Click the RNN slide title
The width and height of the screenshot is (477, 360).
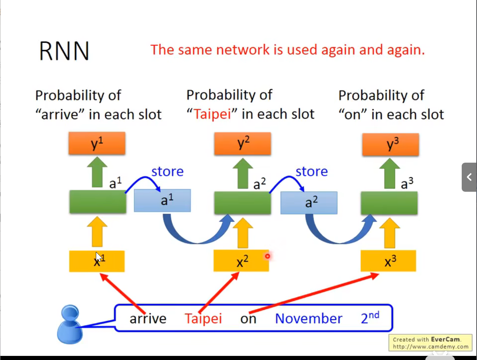coord(64,51)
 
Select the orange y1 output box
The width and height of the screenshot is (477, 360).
coord(97,143)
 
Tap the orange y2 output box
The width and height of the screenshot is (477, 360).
coord(242,144)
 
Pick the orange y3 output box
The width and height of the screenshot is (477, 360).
coord(390,144)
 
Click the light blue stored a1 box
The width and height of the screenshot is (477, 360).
coord(162,201)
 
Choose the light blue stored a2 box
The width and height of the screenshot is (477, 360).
coord(309,203)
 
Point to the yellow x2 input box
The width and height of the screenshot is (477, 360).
coord(241,261)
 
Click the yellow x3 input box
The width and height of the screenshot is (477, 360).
coord(388,261)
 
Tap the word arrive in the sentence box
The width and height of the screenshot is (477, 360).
coord(148,319)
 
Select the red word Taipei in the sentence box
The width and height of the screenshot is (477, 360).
coord(203,319)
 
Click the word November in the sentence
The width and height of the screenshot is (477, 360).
coord(308,319)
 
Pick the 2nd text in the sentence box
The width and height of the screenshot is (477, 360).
coord(370,318)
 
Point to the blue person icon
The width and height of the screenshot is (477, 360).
coord(69,324)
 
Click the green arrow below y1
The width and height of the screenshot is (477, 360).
coord(97,172)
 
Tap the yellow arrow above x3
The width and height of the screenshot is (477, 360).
coord(390,233)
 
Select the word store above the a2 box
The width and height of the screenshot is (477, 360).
coord(311,172)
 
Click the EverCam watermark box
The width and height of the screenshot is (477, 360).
coord(430,343)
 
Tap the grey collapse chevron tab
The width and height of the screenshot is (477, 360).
coord(469,177)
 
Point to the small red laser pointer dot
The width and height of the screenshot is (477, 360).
coord(267,256)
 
